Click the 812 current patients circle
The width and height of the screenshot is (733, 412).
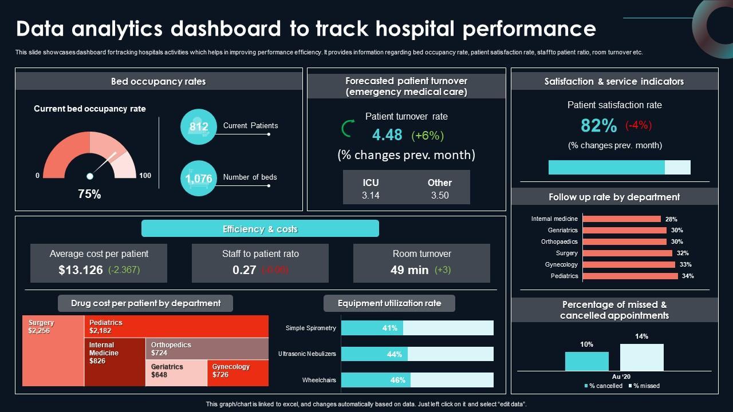click(x=199, y=126)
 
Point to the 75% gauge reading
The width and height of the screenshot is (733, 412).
click(x=89, y=194)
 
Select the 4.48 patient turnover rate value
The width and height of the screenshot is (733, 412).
click(x=387, y=134)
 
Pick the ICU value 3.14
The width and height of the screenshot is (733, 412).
click(x=371, y=195)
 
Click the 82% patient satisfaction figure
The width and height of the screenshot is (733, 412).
click(x=598, y=125)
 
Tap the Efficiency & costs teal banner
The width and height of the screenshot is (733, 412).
click(x=260, y=229)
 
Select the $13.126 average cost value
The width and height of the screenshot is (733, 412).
click(x=81, y=270)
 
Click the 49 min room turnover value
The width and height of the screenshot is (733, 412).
click(x=409, y=270)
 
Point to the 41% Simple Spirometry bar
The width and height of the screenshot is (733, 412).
click(x=372, y=328)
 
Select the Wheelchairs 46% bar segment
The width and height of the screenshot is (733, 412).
click(x=376, y=380)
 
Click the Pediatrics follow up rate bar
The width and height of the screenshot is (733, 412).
click(x=630, y=276)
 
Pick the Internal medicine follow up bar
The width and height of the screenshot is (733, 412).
click(x=621, y=219)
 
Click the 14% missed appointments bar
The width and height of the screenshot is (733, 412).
click(x=641, y=358)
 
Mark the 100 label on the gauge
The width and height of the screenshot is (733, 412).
click(x=145, y=176)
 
